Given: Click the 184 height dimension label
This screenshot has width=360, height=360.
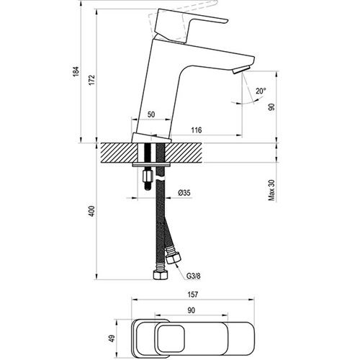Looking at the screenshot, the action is point(76,71).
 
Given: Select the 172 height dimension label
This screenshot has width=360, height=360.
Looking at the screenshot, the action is point(92,80).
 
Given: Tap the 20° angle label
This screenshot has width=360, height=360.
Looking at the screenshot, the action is point(261,91).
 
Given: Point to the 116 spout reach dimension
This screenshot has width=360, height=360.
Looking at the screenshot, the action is point(197,130).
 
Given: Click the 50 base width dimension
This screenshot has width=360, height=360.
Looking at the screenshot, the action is point(151,114).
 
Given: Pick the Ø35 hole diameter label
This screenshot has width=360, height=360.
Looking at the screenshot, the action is point(184,192).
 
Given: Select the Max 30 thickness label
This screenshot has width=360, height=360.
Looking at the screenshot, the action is point(271,190).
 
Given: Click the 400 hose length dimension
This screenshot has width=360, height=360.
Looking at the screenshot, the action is point(92,211).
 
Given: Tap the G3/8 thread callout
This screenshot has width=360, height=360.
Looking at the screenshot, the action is point(194,276).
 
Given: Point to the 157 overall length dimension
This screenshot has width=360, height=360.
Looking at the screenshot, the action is point(193,294).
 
